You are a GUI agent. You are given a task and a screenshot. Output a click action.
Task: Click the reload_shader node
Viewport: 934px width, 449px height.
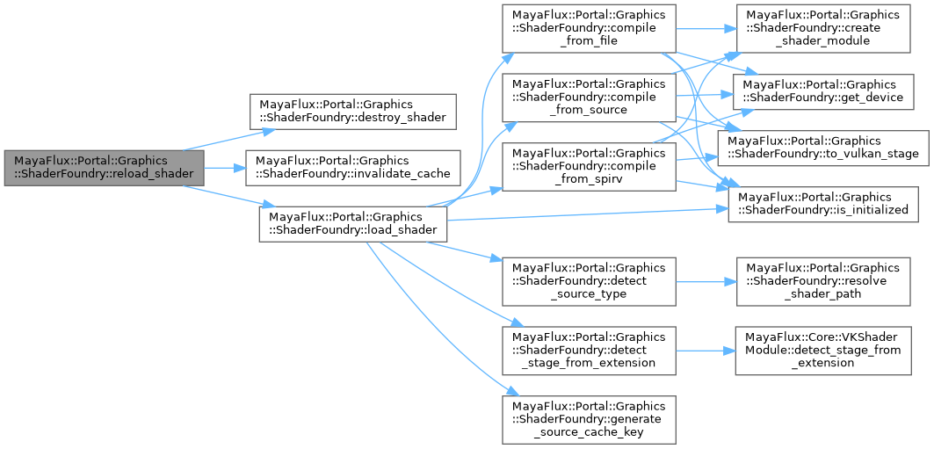tap(104, 166)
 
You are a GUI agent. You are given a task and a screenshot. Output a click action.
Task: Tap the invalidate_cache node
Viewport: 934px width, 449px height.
tap(352, 166)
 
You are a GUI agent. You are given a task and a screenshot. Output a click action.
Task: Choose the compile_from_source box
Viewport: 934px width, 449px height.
tap(589, 98)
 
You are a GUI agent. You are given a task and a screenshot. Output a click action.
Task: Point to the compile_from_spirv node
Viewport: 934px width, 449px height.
tap(589, 166)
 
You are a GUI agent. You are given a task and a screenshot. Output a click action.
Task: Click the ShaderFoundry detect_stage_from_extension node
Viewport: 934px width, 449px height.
tap(589, 350)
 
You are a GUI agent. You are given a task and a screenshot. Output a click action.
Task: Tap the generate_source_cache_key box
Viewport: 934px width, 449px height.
tap(589, 418)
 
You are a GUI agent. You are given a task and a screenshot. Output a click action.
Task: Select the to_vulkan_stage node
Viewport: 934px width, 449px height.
tap(823, 146)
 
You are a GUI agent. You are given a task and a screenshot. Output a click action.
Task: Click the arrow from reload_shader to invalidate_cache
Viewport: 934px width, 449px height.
tap(224, 166)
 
